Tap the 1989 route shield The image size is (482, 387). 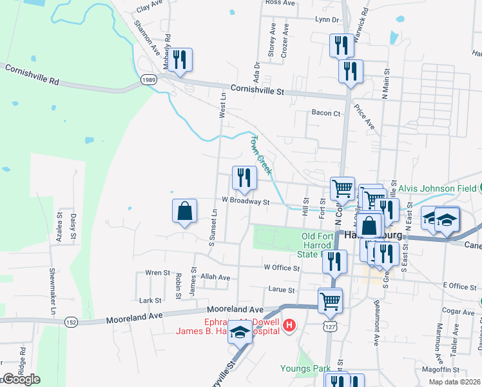[x=149, y=79]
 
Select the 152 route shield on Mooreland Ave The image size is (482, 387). [x=71, y=321]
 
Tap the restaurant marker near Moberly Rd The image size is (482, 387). [x=180, y=60]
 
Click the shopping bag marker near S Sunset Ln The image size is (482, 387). [x=184, y=211]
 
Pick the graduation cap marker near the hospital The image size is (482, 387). [x=240, y=333]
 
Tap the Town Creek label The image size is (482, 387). [x=261, y=155]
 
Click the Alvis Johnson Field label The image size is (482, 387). [x=436, y=188]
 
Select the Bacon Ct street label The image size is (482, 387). [x=325, y=113]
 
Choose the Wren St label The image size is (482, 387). [x=157, y=272]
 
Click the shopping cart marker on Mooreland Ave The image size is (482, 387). [x=330, y=299]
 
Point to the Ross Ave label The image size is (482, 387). [x=280, y=3]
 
